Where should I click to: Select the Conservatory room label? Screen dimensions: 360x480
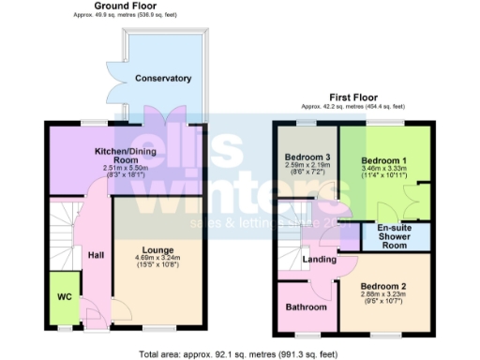click(x=162, y=79)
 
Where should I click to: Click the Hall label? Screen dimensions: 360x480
click(x=96, y=253)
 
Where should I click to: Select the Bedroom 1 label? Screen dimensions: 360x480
click(x=384, y=160)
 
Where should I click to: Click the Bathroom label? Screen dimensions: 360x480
click(x=307, y=307)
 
